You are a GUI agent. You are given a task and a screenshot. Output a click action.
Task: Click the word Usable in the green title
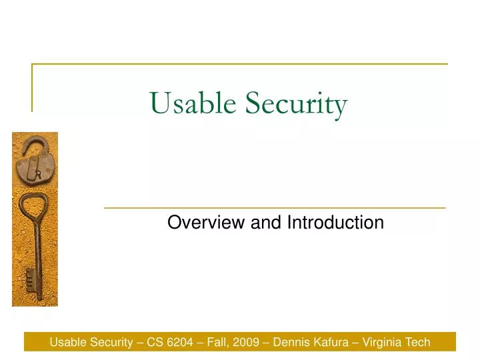194,104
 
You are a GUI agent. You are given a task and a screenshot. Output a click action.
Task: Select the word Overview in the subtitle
206,223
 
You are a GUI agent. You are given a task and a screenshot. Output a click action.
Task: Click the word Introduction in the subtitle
335,223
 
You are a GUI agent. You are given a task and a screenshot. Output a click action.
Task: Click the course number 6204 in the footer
177,343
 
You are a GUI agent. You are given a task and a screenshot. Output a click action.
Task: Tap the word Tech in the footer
417,343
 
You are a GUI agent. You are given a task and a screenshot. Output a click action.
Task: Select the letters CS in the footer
155,343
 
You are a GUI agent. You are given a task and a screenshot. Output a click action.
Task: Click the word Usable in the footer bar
68,343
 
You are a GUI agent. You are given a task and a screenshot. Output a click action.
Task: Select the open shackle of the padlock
31,146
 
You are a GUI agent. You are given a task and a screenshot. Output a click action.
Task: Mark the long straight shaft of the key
37,253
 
